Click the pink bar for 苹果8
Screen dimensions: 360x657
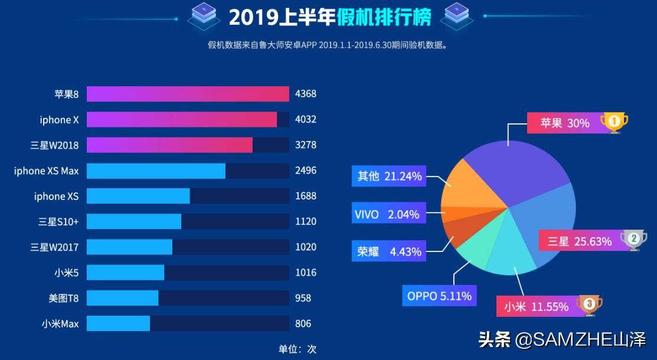pyautogui.click(x=188, y=94)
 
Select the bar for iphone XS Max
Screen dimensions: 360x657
pyautogui.click(x=156, y=171)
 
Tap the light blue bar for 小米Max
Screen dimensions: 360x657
pyautogui.click(x=118, y=323)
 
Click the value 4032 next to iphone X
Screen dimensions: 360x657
pyautogui.click(x=306, y=119)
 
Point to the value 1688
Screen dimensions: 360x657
pyautogui.click(x=306, y=196)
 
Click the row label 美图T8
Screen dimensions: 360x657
pyautogui.click(x=63, y=298)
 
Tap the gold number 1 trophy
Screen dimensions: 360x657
pyautogui.click(x=614, y=122)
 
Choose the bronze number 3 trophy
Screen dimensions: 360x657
pyautogui.click(x=589, y=305)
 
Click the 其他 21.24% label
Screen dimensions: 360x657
pyautogui.click(x=389, y=176)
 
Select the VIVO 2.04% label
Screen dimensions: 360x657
pyautogui.click(x=387, y=214)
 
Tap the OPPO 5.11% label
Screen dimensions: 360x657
pyautogui.click(x=439, y=296)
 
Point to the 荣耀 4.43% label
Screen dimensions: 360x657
pyautogui.click(x=389, y=251)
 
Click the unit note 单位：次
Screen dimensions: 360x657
pyautogui.click(x=298, y=349)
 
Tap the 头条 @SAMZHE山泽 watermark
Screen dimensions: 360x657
pyautogui.click(x=563, y=340)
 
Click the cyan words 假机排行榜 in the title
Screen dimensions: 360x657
pyautogui.click(x=384, y=17)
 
